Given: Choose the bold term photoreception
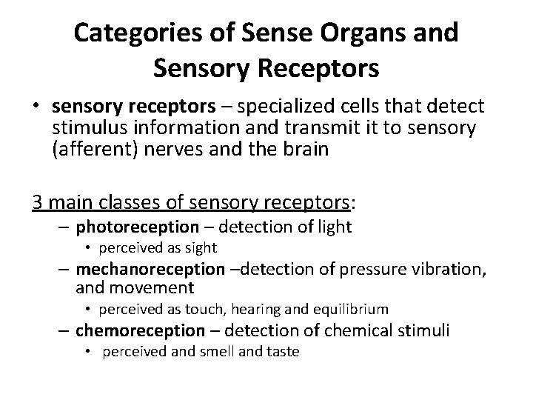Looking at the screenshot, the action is click(137, 227).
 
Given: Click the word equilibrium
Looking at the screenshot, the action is click(352, 309).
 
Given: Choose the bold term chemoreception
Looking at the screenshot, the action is click(139, 330).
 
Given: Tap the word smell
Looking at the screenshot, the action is click(217, 352).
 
